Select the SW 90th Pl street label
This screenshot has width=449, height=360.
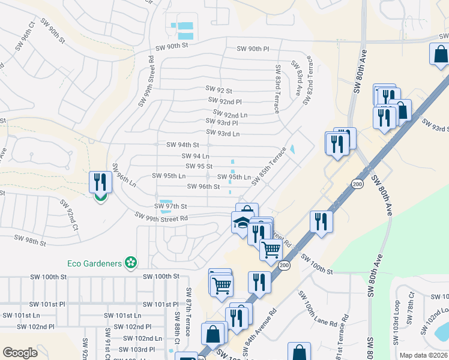tap(253, 49)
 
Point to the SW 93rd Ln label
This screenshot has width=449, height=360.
tap(223, 133)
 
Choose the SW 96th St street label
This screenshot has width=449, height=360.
tap(203, 187)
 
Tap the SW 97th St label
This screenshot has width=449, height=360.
tap(171, 206)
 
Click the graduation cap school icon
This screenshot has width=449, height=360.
tap(241, 223)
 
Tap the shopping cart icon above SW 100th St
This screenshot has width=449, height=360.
tap(271, 248)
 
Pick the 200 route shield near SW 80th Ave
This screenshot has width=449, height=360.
tap(357, 184)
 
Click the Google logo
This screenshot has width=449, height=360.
tap(20, 353)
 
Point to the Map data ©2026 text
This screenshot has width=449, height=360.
tap(423, 355)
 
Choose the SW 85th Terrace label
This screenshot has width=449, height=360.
tap(268, 167)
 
